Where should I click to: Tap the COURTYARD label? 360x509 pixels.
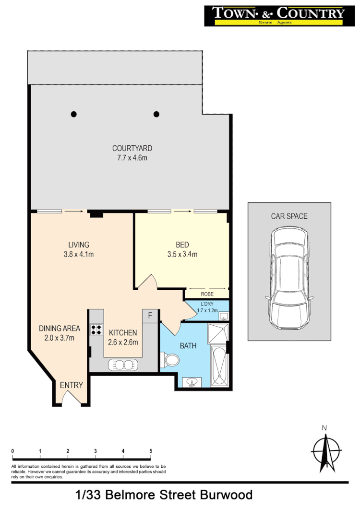pyautogui.click(x=132, y=148)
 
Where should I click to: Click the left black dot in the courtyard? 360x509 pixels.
pyautogui.click(x=73, y=114)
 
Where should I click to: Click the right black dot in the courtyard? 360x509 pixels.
pyautogui.click(x=156, y=114)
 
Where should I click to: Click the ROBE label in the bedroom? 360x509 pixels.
pyautogui.click(x=207, y=294)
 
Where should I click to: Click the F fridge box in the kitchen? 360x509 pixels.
pyautogui.click(x=150, y=316)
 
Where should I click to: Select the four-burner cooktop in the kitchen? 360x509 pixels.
pyautogui.click(x=96, y=329)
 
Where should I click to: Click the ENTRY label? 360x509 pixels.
pyautogui.click(x=71, y=385)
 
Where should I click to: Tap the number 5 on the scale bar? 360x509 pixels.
pyautogui.click(x=151, y=451)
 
